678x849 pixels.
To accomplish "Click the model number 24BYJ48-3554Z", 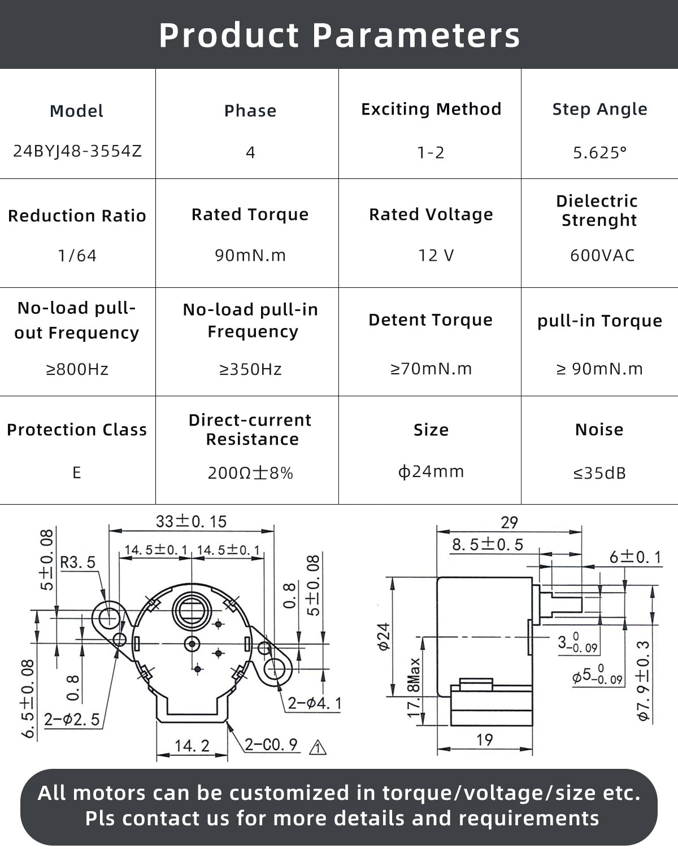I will (x=77, y=151).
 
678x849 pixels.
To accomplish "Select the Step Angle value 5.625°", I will (x=599, y=152).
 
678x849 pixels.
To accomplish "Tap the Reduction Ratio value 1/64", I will (x=77, y=256).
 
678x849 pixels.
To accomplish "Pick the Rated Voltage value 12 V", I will (x=436, y=256).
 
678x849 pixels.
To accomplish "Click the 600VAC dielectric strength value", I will (x=602, y=255).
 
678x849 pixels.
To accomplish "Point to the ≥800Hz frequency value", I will (x=77, y=369).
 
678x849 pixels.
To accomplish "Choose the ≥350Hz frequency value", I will (x=250, y=369).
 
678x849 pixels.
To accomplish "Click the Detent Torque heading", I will (x=431, y=320).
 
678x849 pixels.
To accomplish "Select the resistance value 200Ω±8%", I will (x=250, y=472).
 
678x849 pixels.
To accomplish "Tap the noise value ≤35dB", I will (x=599, y=473).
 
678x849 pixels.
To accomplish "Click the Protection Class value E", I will (x=77, y=472).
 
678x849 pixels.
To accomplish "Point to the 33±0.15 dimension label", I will (x=191, y=521).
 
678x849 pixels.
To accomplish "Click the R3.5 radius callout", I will (x=78, y=562).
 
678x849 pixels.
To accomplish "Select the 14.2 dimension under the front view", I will (x=192, y=746).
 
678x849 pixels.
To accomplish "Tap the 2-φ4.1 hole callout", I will (x=314, y=703).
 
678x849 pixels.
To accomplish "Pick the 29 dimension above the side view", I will (x=509, y=522).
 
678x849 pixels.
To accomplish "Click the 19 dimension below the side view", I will (x=484, y=739).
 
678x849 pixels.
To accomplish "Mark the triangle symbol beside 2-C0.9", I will (x=318, y=747).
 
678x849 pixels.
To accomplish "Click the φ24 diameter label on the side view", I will (x=384, y=636).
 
